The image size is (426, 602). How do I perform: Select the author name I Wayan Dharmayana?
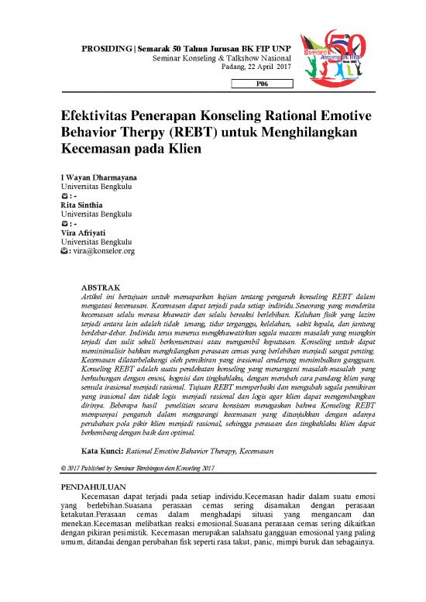point(97,177)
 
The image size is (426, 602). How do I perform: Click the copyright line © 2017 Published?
point(127,468)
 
